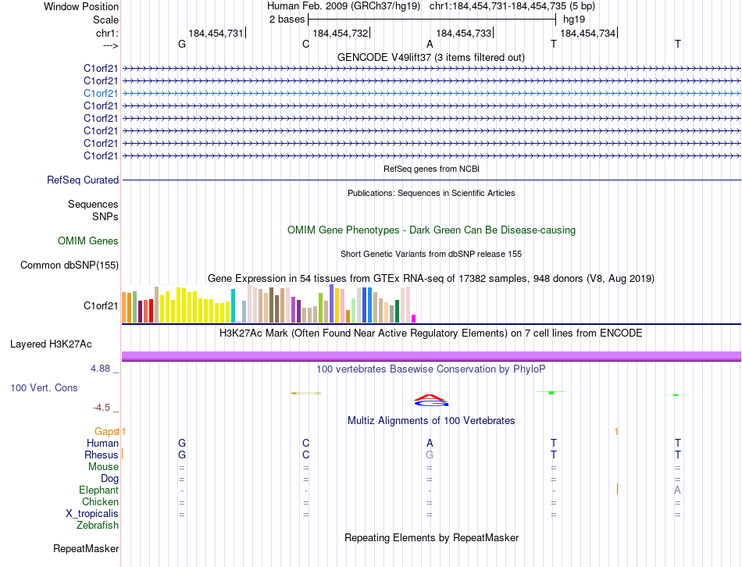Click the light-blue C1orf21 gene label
point(101,93)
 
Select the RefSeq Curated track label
point(83,180)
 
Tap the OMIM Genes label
point(88,241)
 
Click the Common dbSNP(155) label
point(69,266)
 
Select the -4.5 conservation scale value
point(101,408)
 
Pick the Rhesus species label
point(102,455)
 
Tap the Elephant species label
point(98,490)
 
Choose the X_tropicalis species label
point(92,514)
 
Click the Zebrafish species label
point(98,526)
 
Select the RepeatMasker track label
point(86,549)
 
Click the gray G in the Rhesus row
point(429,455)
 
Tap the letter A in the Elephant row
point(677,490)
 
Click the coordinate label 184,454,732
point(340,34)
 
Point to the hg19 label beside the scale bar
point(573,20)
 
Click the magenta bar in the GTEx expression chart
point(413,318)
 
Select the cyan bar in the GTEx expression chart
point(233,305)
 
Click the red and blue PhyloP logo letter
point(430,401)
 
